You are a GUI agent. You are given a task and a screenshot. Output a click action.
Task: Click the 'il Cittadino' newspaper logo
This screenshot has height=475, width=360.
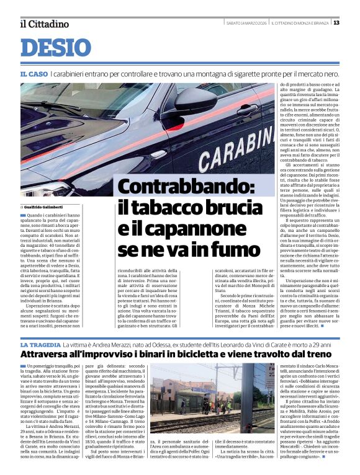(x=43, y=24)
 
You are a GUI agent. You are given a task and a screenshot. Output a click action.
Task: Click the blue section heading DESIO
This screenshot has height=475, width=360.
(x=55, y=48)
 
